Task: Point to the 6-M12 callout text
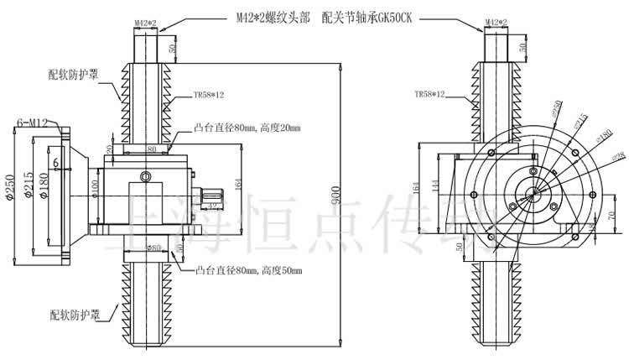tap(33, 123)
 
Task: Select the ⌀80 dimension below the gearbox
tap(153, 248)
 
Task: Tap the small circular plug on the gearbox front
tap(146, 177)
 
